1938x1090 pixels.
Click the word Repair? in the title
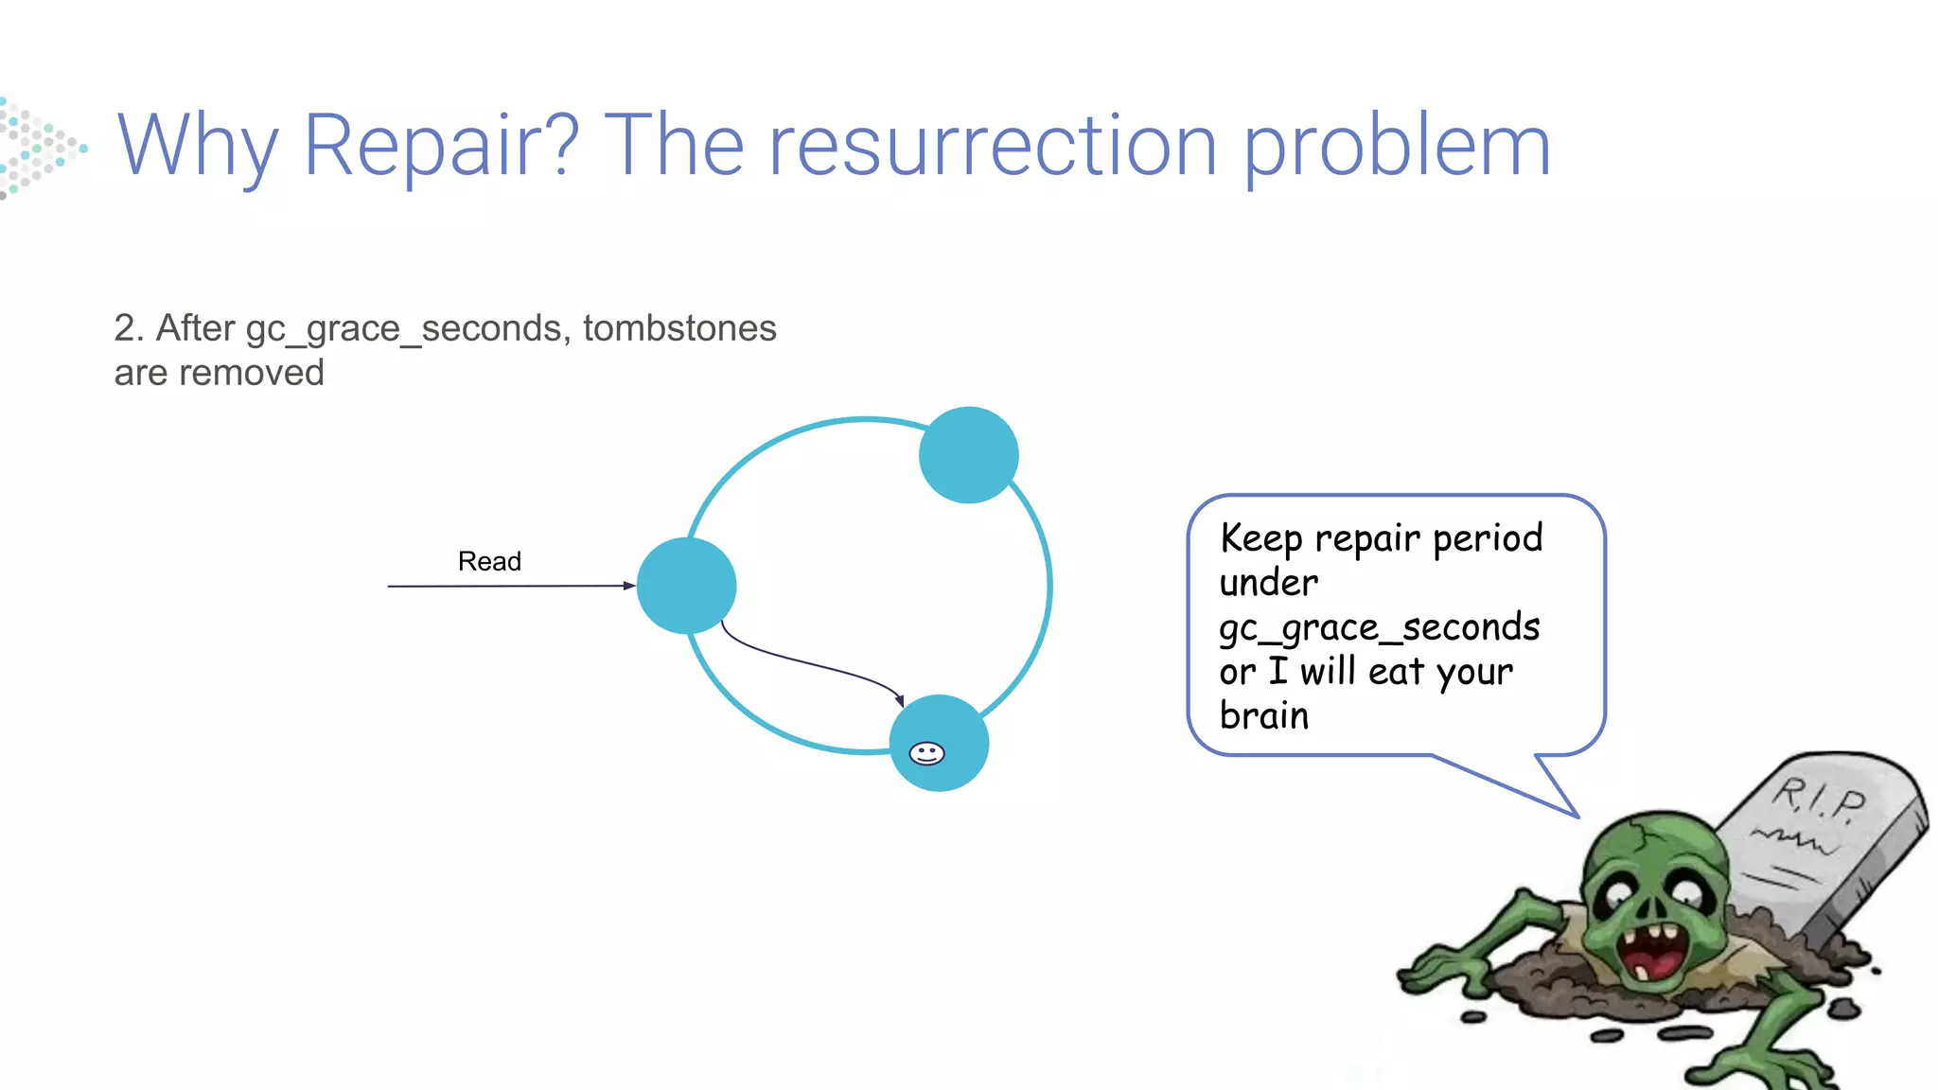point(440,147)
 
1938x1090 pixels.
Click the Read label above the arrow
point(489,561)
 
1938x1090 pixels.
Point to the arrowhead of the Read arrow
point(628,586)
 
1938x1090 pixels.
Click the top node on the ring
point(968,455)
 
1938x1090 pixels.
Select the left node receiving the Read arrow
point(686,586)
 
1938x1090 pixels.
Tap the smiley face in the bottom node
point(926,753)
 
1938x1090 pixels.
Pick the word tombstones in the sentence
point(679,328)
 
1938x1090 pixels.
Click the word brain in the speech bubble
point(1263,715)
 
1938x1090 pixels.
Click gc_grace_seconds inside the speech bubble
point(1379,628)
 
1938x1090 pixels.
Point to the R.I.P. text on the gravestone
point(1818,799)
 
